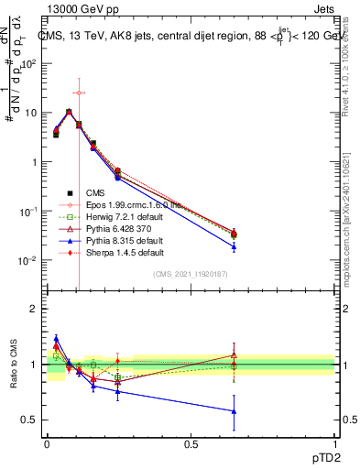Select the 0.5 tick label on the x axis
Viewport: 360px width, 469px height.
coord(191,442)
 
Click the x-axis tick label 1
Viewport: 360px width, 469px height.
coord(334,442)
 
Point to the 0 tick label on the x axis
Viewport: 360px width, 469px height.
coord(48,442)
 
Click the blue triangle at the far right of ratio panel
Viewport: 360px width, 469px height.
coord(234,411)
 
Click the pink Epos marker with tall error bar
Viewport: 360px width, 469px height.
coord(79,93)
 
